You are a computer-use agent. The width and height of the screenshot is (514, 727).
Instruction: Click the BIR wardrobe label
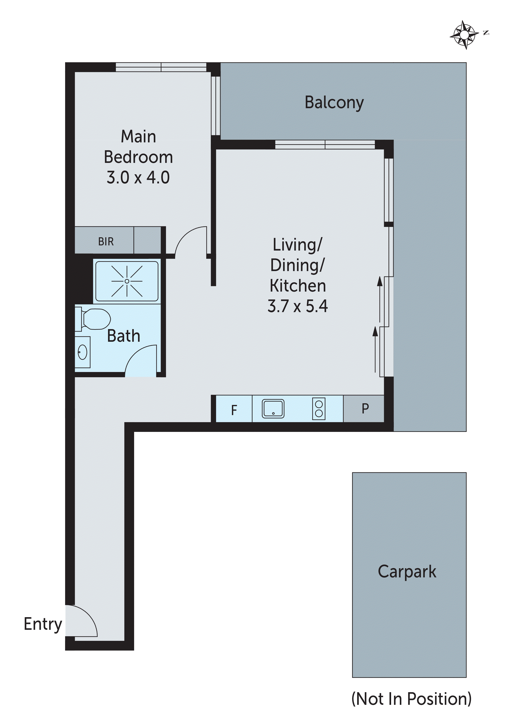pos(106,242)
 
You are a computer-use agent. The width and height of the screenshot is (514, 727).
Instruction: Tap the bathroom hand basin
pos(83,352)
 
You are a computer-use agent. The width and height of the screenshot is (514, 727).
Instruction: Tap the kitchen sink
pos(273,409)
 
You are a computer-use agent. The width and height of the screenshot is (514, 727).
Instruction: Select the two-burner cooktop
pos(319,409)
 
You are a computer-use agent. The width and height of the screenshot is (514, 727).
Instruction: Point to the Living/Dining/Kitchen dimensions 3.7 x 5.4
pos(298,306)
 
